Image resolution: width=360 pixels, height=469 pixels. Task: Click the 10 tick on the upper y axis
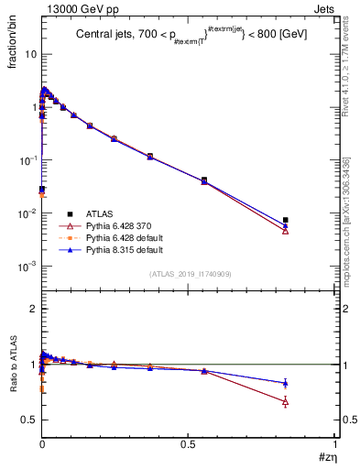[30, 54]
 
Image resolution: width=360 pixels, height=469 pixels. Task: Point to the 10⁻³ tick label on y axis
[28, 267]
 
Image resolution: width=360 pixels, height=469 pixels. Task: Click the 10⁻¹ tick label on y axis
[28, 160]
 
